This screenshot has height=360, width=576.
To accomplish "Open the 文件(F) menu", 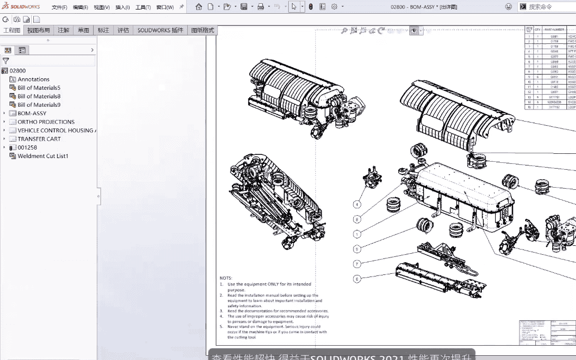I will [x=59, y=7].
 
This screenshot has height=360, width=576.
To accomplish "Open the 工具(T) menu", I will [x=143, y=7].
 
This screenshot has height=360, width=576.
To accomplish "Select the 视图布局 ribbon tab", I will [x=39, y=30].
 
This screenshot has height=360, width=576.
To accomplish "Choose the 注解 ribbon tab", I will [x=63, y=30].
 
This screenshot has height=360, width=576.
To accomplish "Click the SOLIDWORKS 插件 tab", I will [x=160, y=30].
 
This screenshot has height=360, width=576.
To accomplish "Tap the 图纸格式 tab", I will [x=203, y=30].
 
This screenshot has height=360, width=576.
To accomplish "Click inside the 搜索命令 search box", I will [x=547, y=7].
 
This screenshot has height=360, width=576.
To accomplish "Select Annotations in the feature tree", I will [x=33, y=79].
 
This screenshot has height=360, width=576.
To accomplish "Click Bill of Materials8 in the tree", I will [x=39, y=96].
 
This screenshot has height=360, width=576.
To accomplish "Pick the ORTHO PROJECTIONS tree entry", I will [x=46, y=122].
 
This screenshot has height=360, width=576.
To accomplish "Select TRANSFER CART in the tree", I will [x=39, y=139].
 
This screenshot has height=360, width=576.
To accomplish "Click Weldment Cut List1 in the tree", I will [x=43, y=156].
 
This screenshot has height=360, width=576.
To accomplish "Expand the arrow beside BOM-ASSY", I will [x=4, y=113].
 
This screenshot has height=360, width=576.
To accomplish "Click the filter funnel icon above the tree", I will [x=6, y=61].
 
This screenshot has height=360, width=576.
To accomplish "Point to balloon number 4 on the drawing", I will [x=358, y=204].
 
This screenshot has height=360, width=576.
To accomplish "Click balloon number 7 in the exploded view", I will [x=358, y=264].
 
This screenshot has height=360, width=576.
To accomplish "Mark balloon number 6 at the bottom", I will [x=358, y=279].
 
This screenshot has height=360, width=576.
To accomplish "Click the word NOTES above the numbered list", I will [x=226, y=278].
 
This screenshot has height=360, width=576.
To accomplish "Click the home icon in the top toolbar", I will [x=199, y=7].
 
